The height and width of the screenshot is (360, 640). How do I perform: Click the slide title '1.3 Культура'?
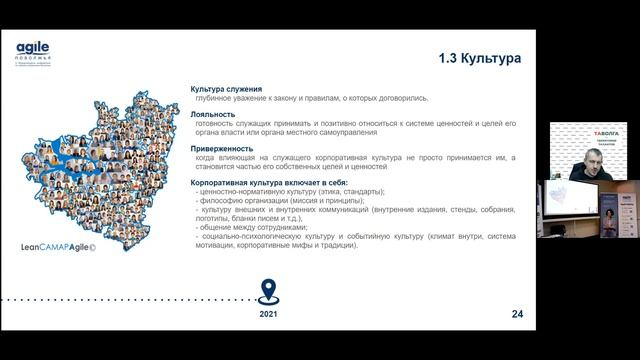[481, 59]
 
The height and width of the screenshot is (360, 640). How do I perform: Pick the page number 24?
[517, 314]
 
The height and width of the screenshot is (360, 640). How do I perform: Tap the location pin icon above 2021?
[267, 290]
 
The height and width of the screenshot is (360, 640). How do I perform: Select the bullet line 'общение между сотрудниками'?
[255, 228]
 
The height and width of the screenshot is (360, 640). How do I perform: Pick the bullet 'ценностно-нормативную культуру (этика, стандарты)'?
[291, 192]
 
